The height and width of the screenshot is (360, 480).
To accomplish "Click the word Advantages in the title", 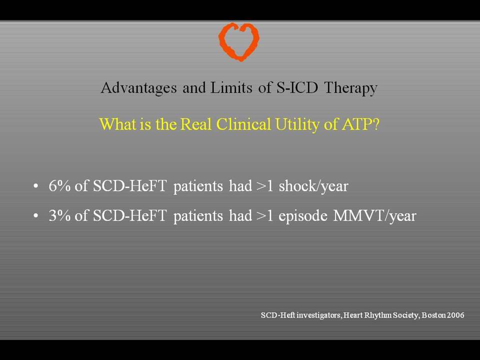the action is [138, 88].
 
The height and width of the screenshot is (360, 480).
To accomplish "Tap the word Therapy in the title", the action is [350, 88].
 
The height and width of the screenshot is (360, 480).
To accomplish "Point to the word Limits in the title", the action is [231, 87].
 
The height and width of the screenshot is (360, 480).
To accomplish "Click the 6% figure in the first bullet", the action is [59, 186].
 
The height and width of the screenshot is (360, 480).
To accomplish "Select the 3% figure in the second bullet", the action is [59, 215].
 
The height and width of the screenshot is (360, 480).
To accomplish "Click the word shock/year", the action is [313, 186].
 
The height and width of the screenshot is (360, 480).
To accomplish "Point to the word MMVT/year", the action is [374, 216].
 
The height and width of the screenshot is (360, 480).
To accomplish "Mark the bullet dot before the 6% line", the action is [36, 186].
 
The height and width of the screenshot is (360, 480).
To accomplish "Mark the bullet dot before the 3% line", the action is [36, 216].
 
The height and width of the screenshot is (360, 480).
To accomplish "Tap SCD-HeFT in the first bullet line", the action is [130, 186].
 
